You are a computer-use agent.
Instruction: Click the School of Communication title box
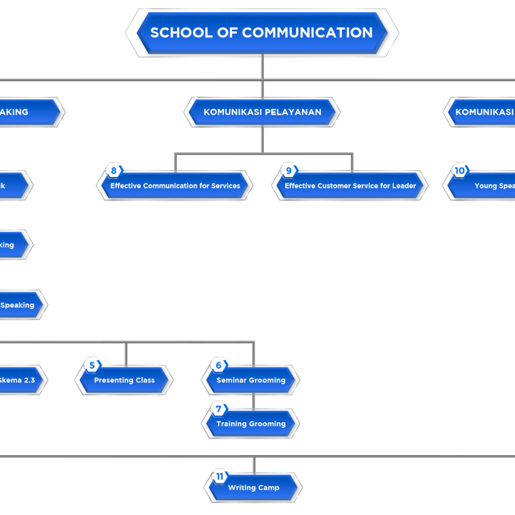click(x=261, y=32)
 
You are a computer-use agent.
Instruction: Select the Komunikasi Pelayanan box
click(x=262, y=112)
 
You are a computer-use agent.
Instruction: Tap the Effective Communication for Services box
click(x=175, y=186)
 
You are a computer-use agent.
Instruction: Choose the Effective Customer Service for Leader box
click(x=350, y=186)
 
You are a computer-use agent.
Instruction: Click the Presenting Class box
click(x=124, y=380)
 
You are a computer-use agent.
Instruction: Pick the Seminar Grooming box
click(x=251, y=380)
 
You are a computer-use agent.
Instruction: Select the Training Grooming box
click(x=251, y=424)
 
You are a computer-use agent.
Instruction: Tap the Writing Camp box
click(x=254, y=488)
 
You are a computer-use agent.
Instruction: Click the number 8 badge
click(x=114, y=171)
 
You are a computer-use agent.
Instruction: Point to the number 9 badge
click(x=289, y=171)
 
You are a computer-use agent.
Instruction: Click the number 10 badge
click(x=460, y=171)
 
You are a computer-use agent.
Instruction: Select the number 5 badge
click(x=92, y=366)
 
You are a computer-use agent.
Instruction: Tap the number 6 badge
click(x=219, y=366)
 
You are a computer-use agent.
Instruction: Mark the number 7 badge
click(x=219, y=409)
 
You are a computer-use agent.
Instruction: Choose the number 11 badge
click(x=220, y=477)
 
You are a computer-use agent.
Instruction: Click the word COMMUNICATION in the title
click(x=307, y=32)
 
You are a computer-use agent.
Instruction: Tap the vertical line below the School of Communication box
click(x=262, y=68)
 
